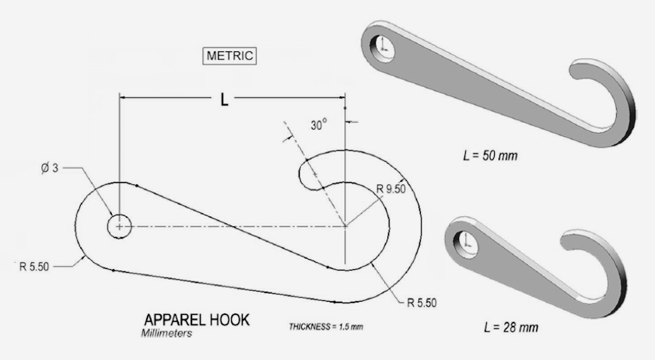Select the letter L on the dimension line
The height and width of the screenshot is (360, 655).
pyautogui.click(x=224, y=100)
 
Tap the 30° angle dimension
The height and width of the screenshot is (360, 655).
pyautogui.click(x=318, y=124)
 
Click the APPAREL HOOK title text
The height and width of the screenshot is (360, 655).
pyautogui.click(x=197, y=320)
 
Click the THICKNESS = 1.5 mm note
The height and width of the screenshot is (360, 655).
pyautogui.click(x=326, y=326)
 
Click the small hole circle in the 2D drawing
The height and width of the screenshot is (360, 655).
pyautogui.click(x=119, y=226)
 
